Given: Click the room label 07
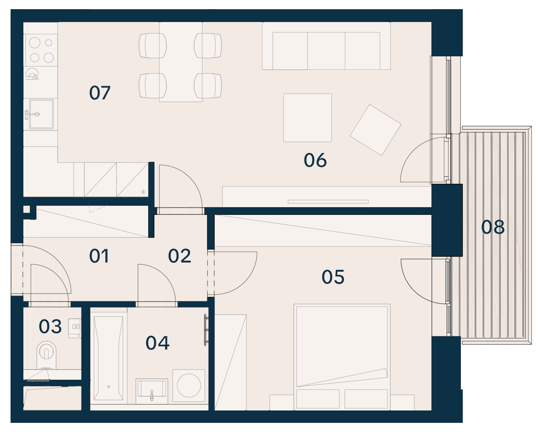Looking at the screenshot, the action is pos(100,93).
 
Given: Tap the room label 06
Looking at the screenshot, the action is pos(315,161).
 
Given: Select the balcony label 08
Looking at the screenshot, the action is pos(493,227).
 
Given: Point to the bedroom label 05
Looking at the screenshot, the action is pos(333,277).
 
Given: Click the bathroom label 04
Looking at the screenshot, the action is pos(158,343).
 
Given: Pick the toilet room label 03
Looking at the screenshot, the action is pos(50,326).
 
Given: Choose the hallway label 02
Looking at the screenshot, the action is pos(179,256).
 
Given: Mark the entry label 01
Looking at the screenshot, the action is pos(99,256).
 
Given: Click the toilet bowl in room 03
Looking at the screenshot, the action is pos(46,355).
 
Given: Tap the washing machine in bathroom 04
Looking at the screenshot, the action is pos(189,385).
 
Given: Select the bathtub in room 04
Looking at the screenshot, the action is pos(109,358).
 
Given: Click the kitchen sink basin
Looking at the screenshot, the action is pos(41,114).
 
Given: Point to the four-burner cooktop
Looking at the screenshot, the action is pos(41,50).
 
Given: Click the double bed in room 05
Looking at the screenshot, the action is pos(342,357).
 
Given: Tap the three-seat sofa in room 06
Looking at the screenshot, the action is pos(326,46).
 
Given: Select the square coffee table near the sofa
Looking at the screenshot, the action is pos(308,118).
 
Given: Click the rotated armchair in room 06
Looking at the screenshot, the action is pos(376,130).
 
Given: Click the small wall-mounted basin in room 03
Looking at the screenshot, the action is pos(75,328).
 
